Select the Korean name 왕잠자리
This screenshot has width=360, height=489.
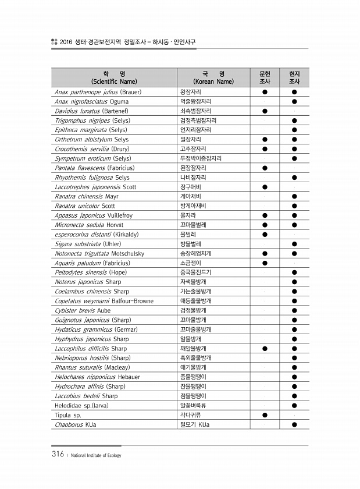[191, 92]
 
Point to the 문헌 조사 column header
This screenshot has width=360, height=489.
[265, 77]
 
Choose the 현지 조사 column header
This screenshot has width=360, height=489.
[294, 77]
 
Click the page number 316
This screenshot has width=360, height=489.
[56, 455]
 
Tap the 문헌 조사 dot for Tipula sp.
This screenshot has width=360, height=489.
[265, 415]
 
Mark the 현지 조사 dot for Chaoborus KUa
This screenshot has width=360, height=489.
[294, 424]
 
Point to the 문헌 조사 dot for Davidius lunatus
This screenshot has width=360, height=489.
[265, 111]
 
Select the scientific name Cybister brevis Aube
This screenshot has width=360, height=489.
[83, 310]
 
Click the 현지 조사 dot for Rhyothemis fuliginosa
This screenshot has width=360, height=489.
[294, 178]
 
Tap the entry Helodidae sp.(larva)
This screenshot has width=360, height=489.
[82, 405]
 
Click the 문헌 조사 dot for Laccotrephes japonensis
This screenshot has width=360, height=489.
[265, 187]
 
